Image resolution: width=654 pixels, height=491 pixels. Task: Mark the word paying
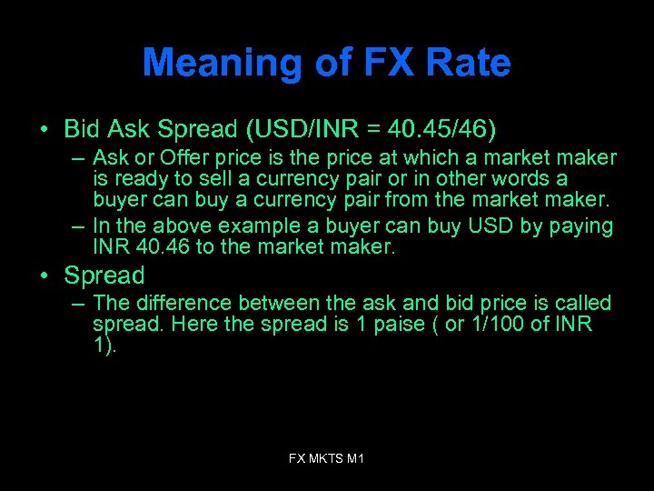click(578, 225)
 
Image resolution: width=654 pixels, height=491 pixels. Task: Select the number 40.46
click(163, 245)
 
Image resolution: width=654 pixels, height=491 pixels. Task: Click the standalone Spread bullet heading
click(104, 276)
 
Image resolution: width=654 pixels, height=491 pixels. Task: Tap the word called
click(580, 303)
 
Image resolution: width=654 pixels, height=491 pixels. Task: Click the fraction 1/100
click(502, 325)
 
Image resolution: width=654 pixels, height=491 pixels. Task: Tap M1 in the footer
click(356, 459)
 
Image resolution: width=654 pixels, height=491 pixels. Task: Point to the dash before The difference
click(79, 304)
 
